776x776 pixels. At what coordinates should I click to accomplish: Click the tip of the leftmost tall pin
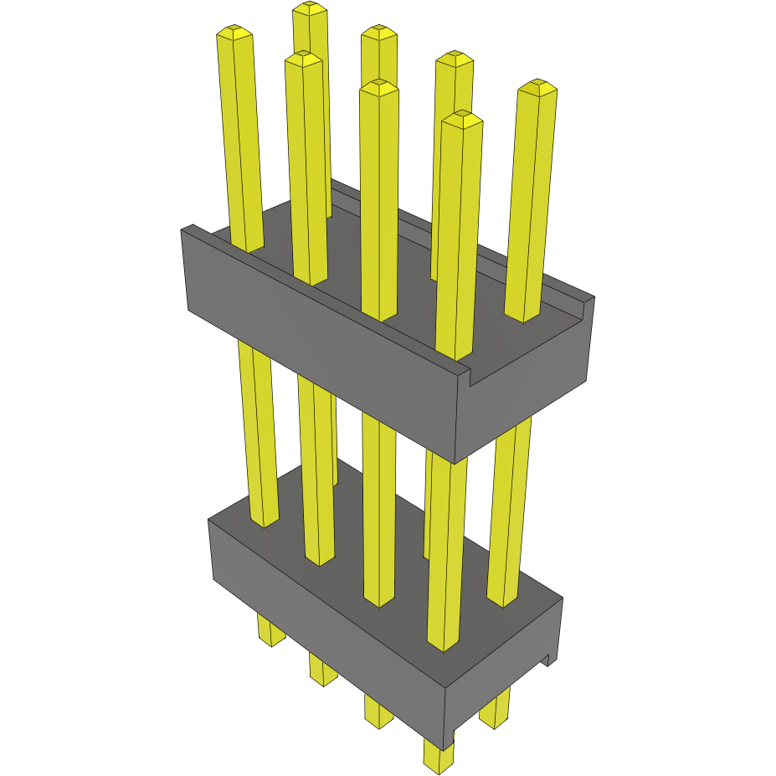coord(234,33)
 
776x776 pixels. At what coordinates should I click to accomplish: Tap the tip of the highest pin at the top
coord(310,8)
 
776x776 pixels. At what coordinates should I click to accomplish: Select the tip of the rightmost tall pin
coord(537,87)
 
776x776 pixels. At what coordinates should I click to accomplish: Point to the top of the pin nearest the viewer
coord(462,119)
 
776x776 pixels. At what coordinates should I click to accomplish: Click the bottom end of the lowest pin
coord(439,763)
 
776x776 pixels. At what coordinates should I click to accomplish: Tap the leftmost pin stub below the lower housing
coord(270,631)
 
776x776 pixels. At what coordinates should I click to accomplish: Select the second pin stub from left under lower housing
coord(322,670)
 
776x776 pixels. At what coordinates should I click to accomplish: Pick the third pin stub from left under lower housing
coord(378,711)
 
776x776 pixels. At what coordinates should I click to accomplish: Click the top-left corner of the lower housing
coord(209,520)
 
